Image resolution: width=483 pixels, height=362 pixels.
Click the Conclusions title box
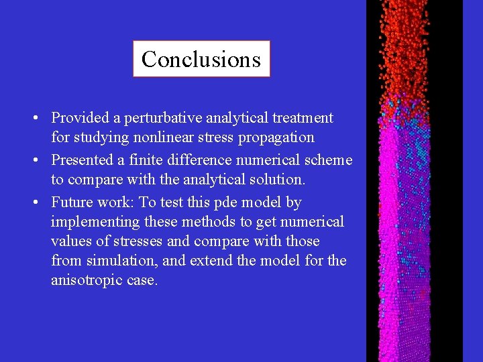tap(201, 59)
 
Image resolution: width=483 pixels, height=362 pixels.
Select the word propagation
tap(276, 137)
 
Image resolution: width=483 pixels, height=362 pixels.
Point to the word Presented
tap(82, 160)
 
